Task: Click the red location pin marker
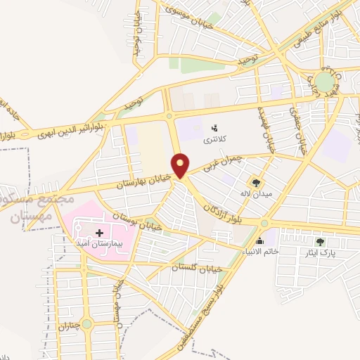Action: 181,165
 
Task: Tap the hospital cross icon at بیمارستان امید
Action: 98,231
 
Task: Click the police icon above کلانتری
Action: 214,128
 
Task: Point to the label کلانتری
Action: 216,139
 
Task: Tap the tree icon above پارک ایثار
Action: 321,242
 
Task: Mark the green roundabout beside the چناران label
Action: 86,323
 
